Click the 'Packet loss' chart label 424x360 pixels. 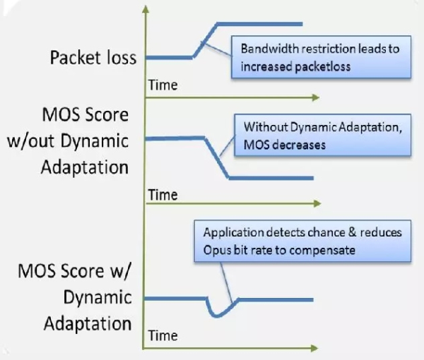pos(93,57)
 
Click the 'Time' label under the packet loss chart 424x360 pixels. pos(163,85)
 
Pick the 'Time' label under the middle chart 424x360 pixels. pos(163,195)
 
